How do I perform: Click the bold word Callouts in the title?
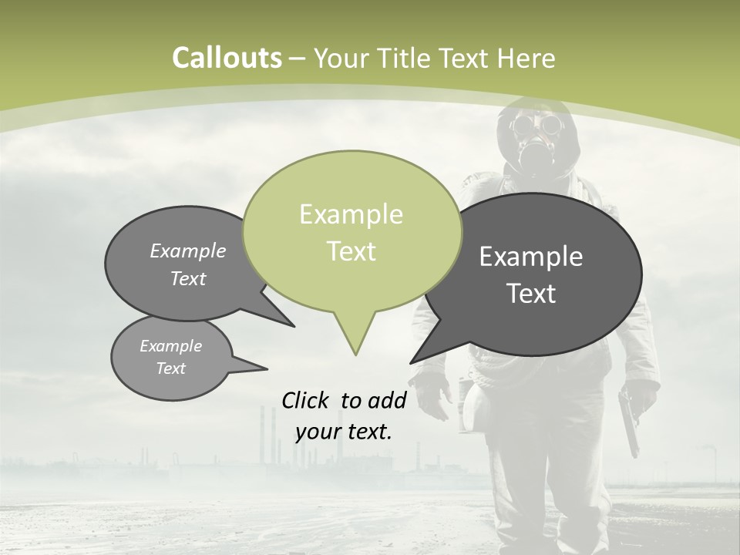[227, 58]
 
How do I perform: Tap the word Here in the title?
[526, 58]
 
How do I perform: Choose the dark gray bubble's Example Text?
[531, 274]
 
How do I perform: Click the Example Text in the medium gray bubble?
[188, 264]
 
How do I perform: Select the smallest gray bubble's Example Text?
[170, 357]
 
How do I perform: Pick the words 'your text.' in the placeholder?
[344, 432]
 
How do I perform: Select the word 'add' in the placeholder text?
[388, 400]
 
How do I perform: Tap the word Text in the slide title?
[459, 58]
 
